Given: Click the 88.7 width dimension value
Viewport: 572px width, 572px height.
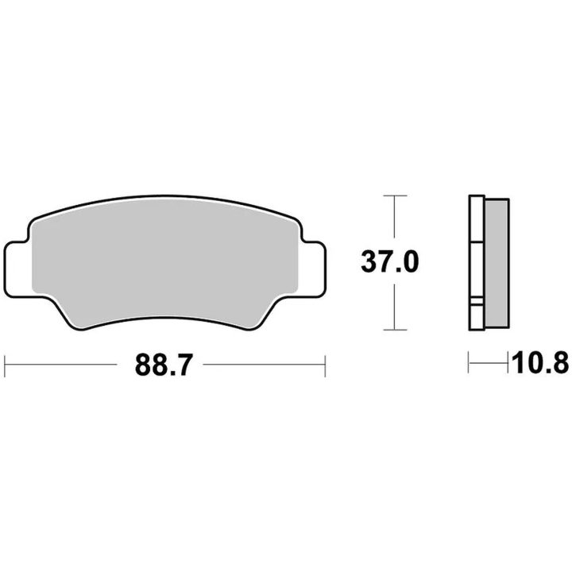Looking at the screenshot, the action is (164, 365).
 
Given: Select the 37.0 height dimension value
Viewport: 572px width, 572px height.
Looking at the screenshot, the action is (390, 262).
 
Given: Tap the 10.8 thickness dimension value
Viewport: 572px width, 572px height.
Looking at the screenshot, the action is (540, 362).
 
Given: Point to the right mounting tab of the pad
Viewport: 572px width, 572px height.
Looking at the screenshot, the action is (313, 269).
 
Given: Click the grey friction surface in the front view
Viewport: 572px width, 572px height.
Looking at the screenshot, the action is (164, 263).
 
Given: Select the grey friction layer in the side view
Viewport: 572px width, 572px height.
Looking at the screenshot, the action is (497, 264).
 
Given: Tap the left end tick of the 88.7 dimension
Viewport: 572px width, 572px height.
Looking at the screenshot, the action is (5, 365).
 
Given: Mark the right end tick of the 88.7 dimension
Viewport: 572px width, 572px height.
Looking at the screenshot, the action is (325, 365).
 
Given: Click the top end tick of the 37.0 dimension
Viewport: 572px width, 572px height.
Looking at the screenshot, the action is (395, 196).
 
